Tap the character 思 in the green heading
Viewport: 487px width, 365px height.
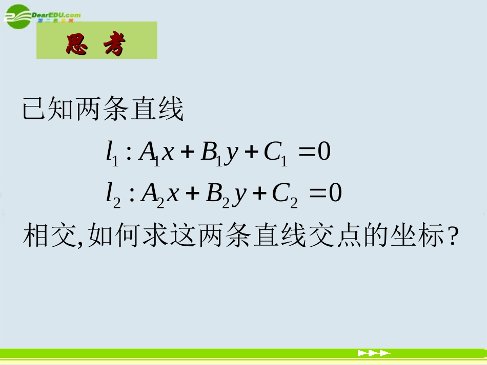[77, 45]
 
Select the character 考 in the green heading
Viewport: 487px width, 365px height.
[114, 45]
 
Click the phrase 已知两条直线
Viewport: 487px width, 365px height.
[103, 110]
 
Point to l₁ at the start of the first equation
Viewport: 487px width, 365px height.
[112, 153]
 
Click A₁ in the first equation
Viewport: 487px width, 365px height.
[149, 153]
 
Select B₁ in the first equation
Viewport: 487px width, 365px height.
[211, 153]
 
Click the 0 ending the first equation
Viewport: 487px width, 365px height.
[325, 152]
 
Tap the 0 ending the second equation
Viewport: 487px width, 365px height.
[335, 194]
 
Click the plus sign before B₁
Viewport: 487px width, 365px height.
[188, 153]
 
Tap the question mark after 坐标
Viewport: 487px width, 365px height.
[452, 238]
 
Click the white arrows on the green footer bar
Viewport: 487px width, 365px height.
[374, 353]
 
